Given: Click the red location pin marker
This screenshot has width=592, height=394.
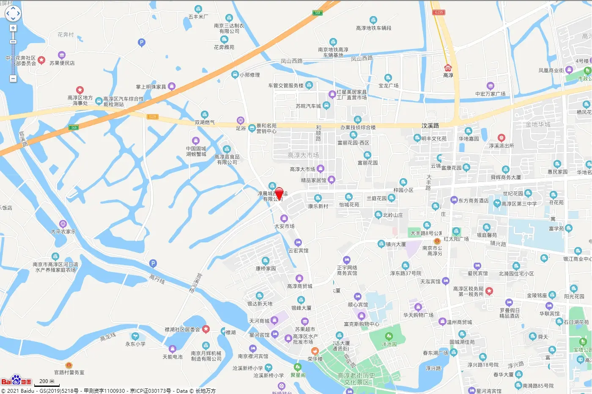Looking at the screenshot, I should (x=279, y=193).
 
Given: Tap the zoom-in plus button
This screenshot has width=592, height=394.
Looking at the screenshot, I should (x=13, y=28).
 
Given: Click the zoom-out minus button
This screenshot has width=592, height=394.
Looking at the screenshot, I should (x=13, y=79).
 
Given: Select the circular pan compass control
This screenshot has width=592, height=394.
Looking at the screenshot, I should (x=13, y=13).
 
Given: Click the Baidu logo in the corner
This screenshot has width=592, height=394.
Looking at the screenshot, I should (x=16, y=381).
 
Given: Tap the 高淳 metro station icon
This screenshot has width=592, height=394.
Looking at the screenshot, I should (x=448, y=68).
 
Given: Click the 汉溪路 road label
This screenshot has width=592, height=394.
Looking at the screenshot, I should (x=430, y=125).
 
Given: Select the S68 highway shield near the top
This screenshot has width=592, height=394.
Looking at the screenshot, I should (x=318, y=13).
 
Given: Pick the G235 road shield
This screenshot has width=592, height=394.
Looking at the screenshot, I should (x=439, y=12).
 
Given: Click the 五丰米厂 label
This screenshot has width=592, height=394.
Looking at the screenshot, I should (x=198, y=17).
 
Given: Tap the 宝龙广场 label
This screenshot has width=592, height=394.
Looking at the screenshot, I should (x=389, y=85).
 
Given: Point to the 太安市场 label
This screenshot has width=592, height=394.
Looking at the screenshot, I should (x=284, y=226).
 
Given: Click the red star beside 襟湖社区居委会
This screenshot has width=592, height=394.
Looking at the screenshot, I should (x=206, y=329).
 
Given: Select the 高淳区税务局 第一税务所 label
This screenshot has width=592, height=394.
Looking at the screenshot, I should (x=468, y=291).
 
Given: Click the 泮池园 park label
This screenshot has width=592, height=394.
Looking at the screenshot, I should (x=389, y=344).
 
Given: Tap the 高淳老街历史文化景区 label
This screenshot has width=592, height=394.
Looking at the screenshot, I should (x=356, y=379).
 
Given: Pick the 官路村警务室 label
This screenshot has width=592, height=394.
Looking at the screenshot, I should (x=69, y=372).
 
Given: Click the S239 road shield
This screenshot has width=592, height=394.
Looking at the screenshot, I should (x=152, y=117).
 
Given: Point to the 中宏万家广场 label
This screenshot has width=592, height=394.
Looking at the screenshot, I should (x=490, y=94).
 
